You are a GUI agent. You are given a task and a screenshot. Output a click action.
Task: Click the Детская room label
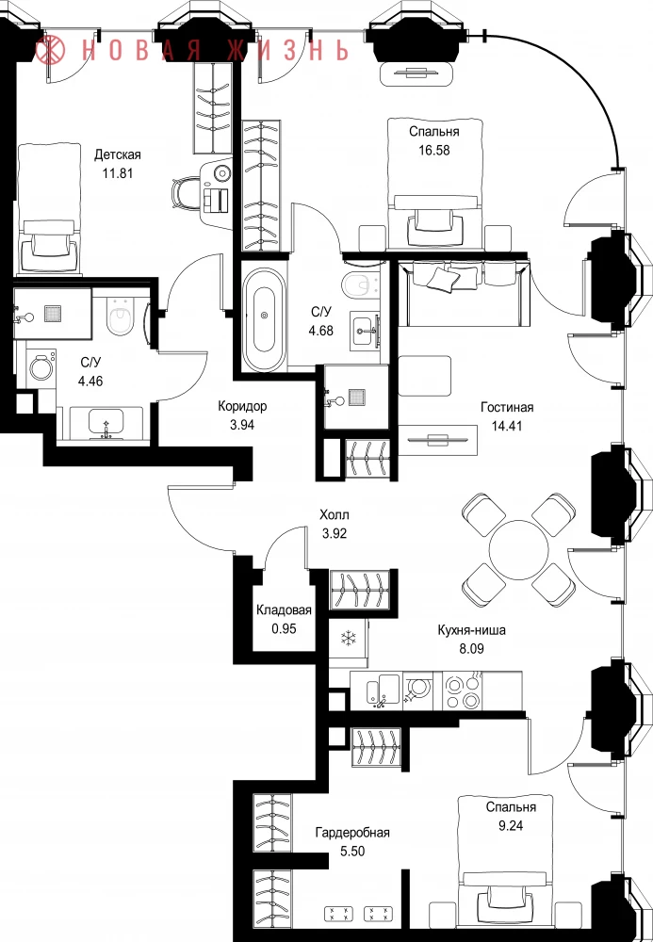117,155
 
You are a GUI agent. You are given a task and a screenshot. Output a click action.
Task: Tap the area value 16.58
433,150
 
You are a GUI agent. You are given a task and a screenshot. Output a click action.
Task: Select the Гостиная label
507,407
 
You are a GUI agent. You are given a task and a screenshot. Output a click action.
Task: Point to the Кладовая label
284,610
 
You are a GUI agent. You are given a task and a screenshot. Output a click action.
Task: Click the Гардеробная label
352,833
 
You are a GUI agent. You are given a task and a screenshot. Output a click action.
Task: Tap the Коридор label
242,406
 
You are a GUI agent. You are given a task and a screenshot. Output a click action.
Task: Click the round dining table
518,550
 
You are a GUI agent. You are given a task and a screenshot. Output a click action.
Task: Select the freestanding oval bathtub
265,320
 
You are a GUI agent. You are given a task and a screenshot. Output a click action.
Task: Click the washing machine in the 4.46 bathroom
41,367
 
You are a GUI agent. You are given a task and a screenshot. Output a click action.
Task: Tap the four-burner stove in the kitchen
462,691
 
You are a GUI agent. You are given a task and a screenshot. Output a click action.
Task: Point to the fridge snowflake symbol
349,638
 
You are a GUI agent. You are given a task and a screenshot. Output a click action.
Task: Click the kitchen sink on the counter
382,690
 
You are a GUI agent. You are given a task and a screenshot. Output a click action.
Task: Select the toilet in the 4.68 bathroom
361,284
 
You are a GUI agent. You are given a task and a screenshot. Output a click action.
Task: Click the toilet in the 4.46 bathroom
120,317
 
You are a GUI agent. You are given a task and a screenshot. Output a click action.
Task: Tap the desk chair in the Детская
185,193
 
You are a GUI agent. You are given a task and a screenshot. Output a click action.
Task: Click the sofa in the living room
465,294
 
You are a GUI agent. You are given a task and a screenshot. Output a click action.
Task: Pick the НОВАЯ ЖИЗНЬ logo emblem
50,50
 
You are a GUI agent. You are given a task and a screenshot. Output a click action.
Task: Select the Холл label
334,515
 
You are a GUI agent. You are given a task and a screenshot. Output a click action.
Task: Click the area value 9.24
511,825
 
